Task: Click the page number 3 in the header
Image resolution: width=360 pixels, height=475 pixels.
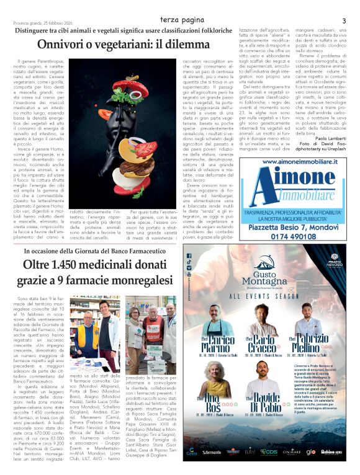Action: pos(343,21)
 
